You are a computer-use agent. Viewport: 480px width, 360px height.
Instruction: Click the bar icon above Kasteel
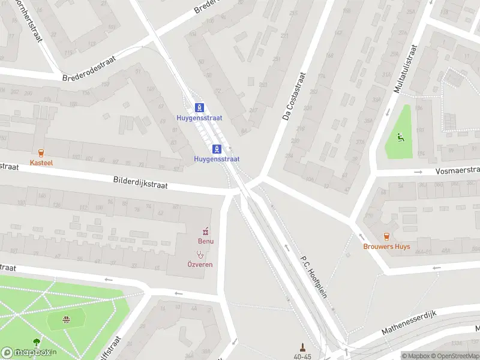[41, 153]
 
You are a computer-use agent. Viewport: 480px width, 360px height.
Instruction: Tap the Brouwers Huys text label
[386, 246]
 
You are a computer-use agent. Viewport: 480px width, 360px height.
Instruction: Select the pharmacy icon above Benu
[206, 231]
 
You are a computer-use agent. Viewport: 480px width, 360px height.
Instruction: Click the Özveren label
[199, 264]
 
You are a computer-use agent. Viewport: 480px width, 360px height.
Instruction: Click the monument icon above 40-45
[303, 347]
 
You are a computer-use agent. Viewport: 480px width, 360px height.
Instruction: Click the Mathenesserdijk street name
[412, 323]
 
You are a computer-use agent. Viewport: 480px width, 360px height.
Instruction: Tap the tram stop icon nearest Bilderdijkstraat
[217, 148]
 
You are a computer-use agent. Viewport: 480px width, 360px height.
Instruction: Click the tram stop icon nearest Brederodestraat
[199, 107]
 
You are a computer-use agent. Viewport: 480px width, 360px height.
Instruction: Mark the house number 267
[253, 110]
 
